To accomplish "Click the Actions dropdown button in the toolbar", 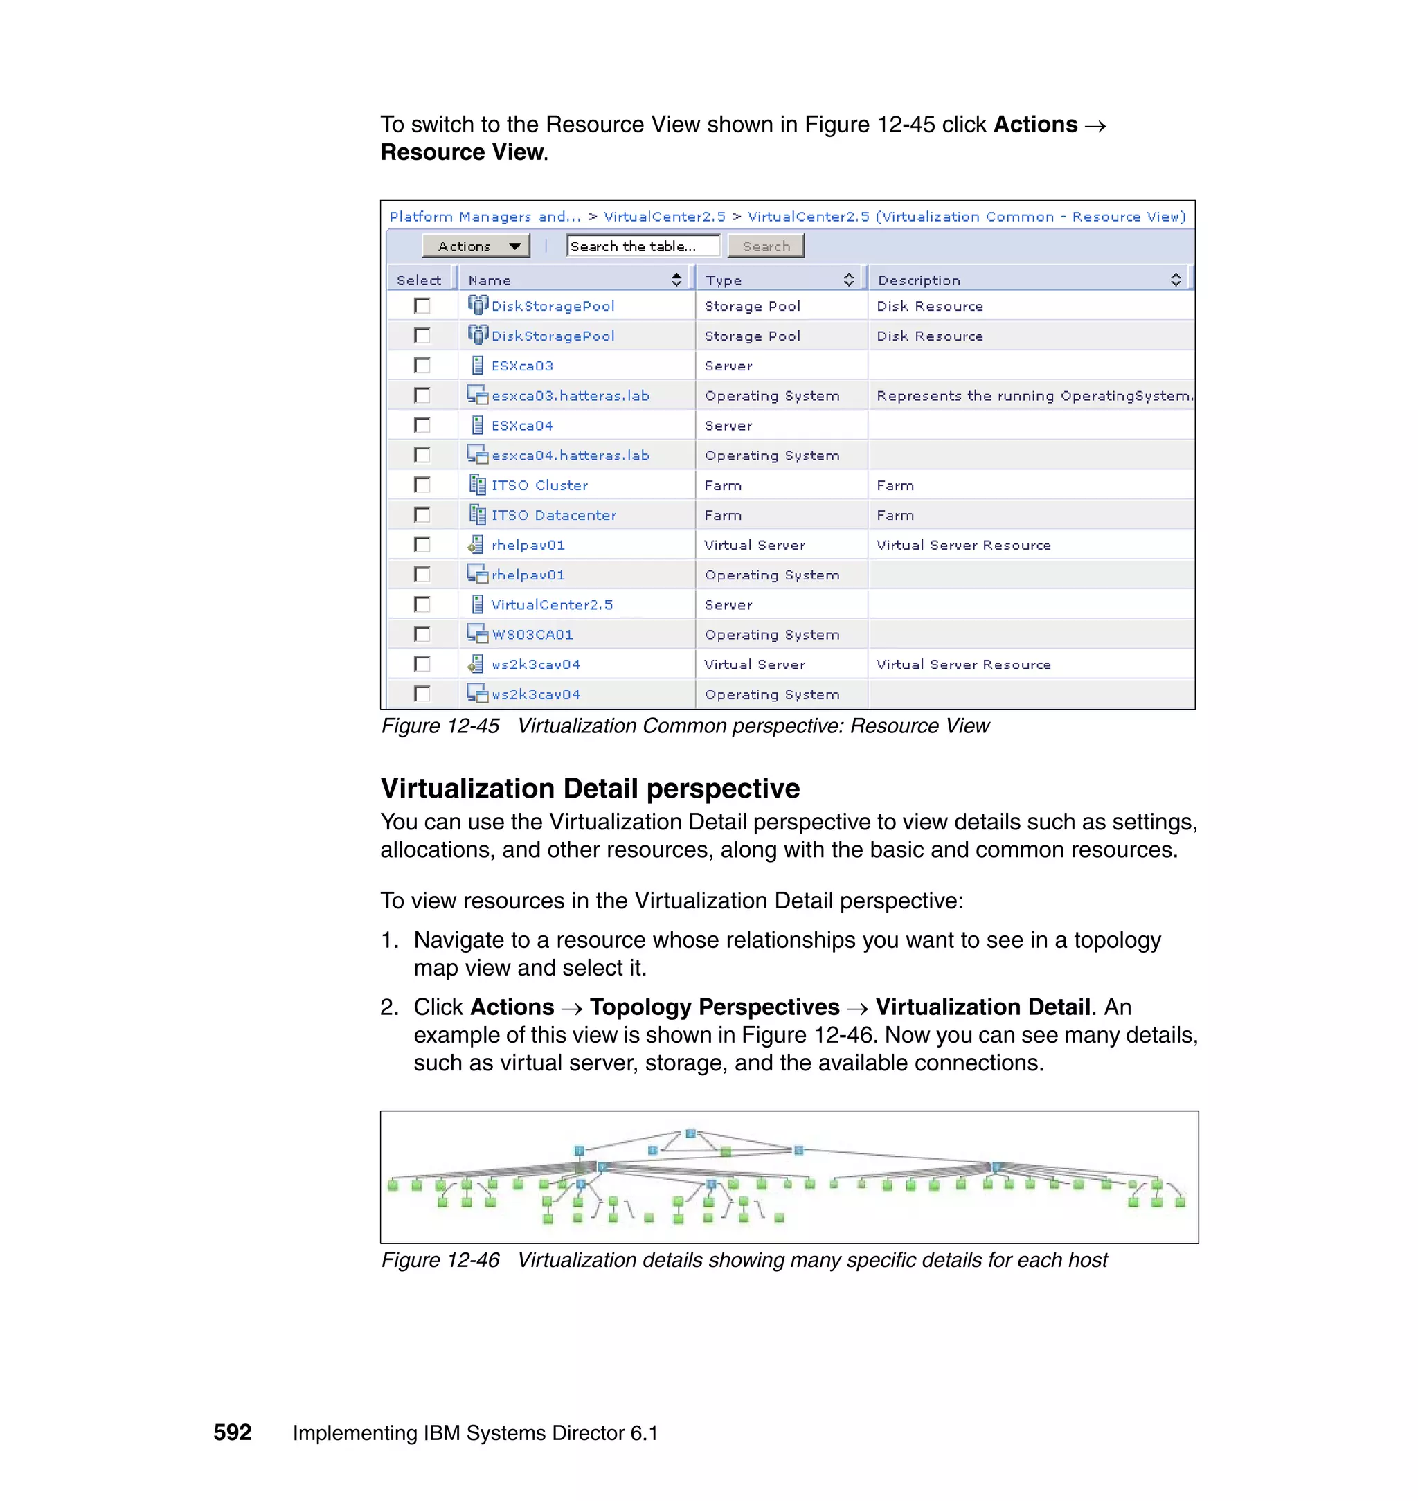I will coord(476,246).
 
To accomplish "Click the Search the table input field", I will coord(643,246).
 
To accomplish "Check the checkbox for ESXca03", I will coord(422,366).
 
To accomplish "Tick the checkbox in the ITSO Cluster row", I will coord(422,485).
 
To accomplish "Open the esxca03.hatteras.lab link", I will coord(570,396).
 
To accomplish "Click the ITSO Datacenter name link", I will coord(553,515).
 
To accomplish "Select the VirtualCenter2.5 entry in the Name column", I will coord(552,604).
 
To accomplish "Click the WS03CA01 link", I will coord(532,635).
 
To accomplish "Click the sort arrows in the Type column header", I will coord(849,280).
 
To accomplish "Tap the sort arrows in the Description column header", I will coord(1176,280).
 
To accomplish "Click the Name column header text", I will coord(490,280).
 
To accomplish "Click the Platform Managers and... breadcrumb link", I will coord(485,217).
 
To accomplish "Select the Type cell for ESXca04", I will coord(728,426).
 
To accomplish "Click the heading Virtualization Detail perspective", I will coord(590,789).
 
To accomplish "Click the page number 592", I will coord(232,1433).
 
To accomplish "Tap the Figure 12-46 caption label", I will coord(440,1260).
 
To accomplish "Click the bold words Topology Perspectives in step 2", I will coord(715,1007).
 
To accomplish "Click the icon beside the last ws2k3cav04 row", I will coord(477,694).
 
